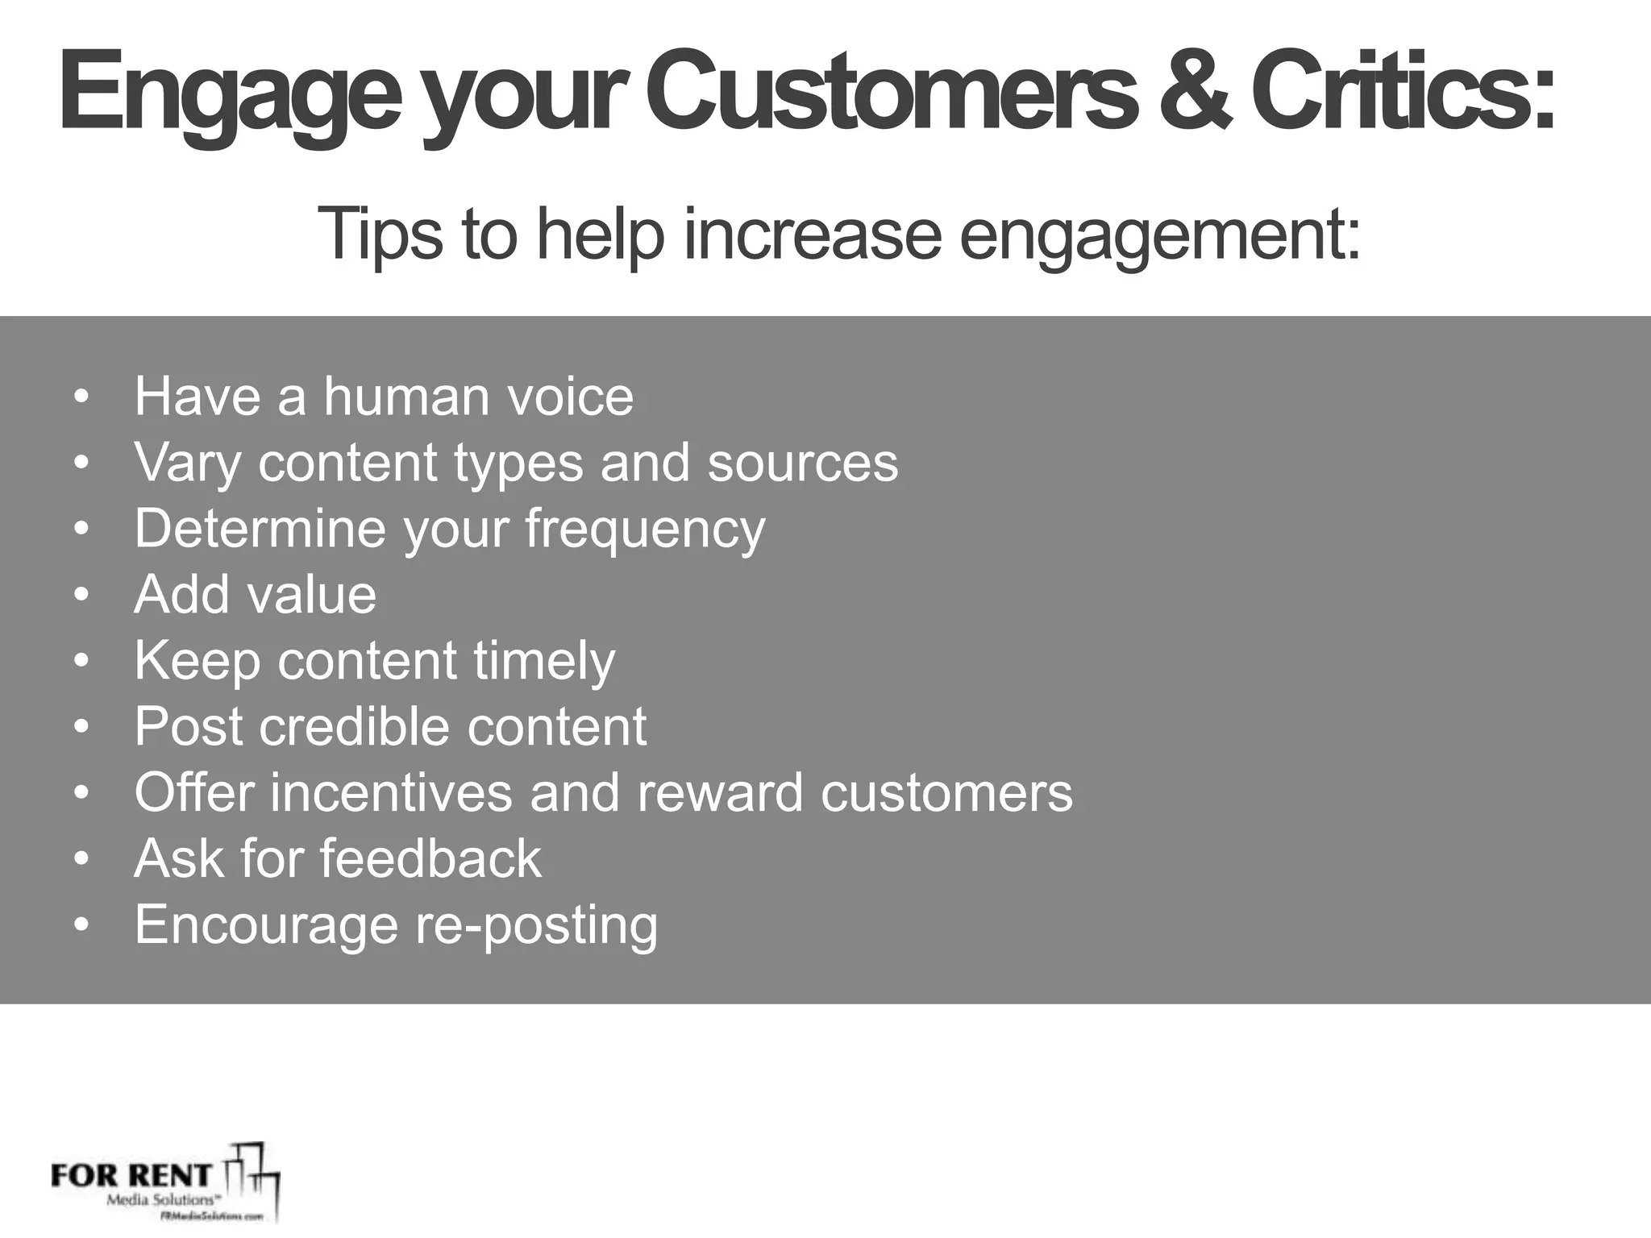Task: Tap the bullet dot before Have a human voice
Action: (x=80, y=398)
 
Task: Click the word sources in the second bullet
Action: (x=802, y=463)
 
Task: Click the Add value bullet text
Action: (x=256, y=595)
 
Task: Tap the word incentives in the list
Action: (x=391, y=792)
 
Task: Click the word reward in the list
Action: (x=720, y=792)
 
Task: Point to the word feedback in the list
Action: (x=431, y=858)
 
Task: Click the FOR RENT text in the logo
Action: (x=130, y=1175)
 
